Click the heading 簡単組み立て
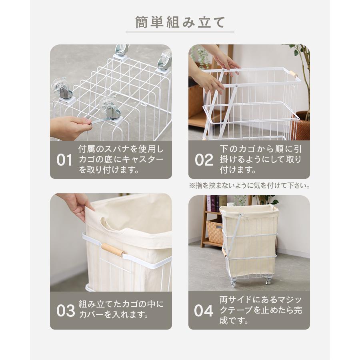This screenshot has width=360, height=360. pyautogui.click(x=180, y=22)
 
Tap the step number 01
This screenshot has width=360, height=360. pyautogui.click(x=64, y=160)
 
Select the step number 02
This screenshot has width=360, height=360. pyautogui.click(x=204, y=160)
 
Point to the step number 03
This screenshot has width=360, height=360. pyautogui.click(x=66, y=311)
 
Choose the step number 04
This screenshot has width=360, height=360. pyautogui.click(x=204, y=311)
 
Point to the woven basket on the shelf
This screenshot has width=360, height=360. pyautogui.click(x=215, y=232)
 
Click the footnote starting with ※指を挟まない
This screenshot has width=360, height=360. pyautogui.click(x=250, y=186)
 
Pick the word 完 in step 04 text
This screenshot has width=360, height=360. pyautogui.click(x=298, y=310)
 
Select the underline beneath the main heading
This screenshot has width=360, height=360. pyautogui.click(x=180, y=32)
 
